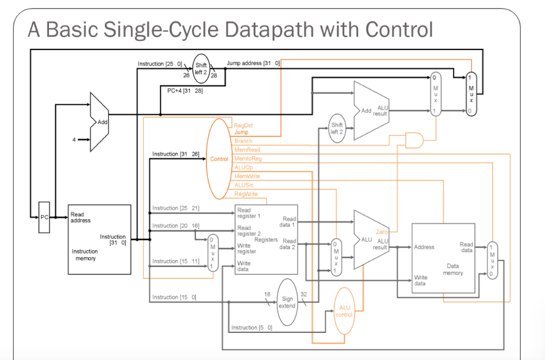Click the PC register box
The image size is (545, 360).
[x=44, y=217]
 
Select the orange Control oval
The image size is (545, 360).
[x=219, y=158]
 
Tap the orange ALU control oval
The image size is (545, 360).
[x=344, y=311]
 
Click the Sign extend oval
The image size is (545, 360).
[x=287, y=302]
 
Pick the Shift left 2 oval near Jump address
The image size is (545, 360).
[x=201, y=69]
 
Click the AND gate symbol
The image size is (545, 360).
[x=414, y=140]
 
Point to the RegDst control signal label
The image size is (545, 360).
[x=243, y=125]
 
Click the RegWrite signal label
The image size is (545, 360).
[x=246, y=194]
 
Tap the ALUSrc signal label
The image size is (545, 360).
[x=244, y=185]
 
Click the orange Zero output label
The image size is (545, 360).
[x=382, y=232]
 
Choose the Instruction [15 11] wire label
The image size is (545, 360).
[x=176, y=261]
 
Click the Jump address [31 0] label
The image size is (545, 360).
[x=253, y=63]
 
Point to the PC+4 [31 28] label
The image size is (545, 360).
[x=181, y=90]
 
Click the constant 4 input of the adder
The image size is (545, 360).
[x=75, y=140]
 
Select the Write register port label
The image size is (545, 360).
[x=246, y=248]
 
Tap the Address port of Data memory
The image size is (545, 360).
[x=424, y=247]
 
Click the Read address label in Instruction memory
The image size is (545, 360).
[x=80, y=217]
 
